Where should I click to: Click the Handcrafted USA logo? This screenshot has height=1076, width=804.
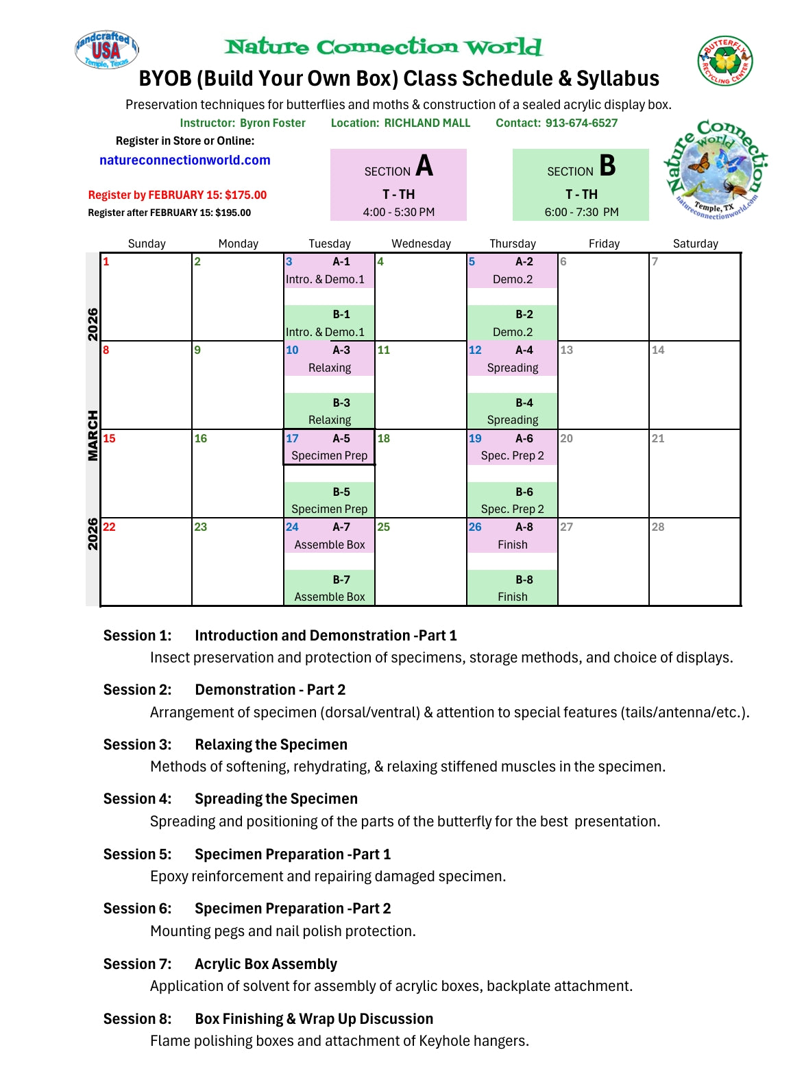106,49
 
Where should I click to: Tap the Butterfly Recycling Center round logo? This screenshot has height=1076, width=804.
724,62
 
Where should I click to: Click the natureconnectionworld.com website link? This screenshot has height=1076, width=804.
184,160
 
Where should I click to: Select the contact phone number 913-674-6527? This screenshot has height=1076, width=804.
581,123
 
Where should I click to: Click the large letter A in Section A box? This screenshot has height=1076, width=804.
424,166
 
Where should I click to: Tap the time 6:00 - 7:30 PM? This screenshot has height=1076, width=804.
581,212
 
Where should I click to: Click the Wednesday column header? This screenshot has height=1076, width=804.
421,243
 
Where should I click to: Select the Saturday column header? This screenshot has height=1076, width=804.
695,243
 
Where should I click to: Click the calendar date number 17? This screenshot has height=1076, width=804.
292,438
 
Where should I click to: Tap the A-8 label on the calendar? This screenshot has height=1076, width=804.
524,527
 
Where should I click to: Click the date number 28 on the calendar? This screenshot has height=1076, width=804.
658,527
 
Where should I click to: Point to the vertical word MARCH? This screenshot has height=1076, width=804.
93,435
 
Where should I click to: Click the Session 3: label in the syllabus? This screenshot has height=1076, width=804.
137,745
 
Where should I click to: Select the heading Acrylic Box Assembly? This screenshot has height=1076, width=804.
266,964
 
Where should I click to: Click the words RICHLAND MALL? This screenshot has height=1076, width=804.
427,123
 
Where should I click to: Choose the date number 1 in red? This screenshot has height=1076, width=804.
106,261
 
